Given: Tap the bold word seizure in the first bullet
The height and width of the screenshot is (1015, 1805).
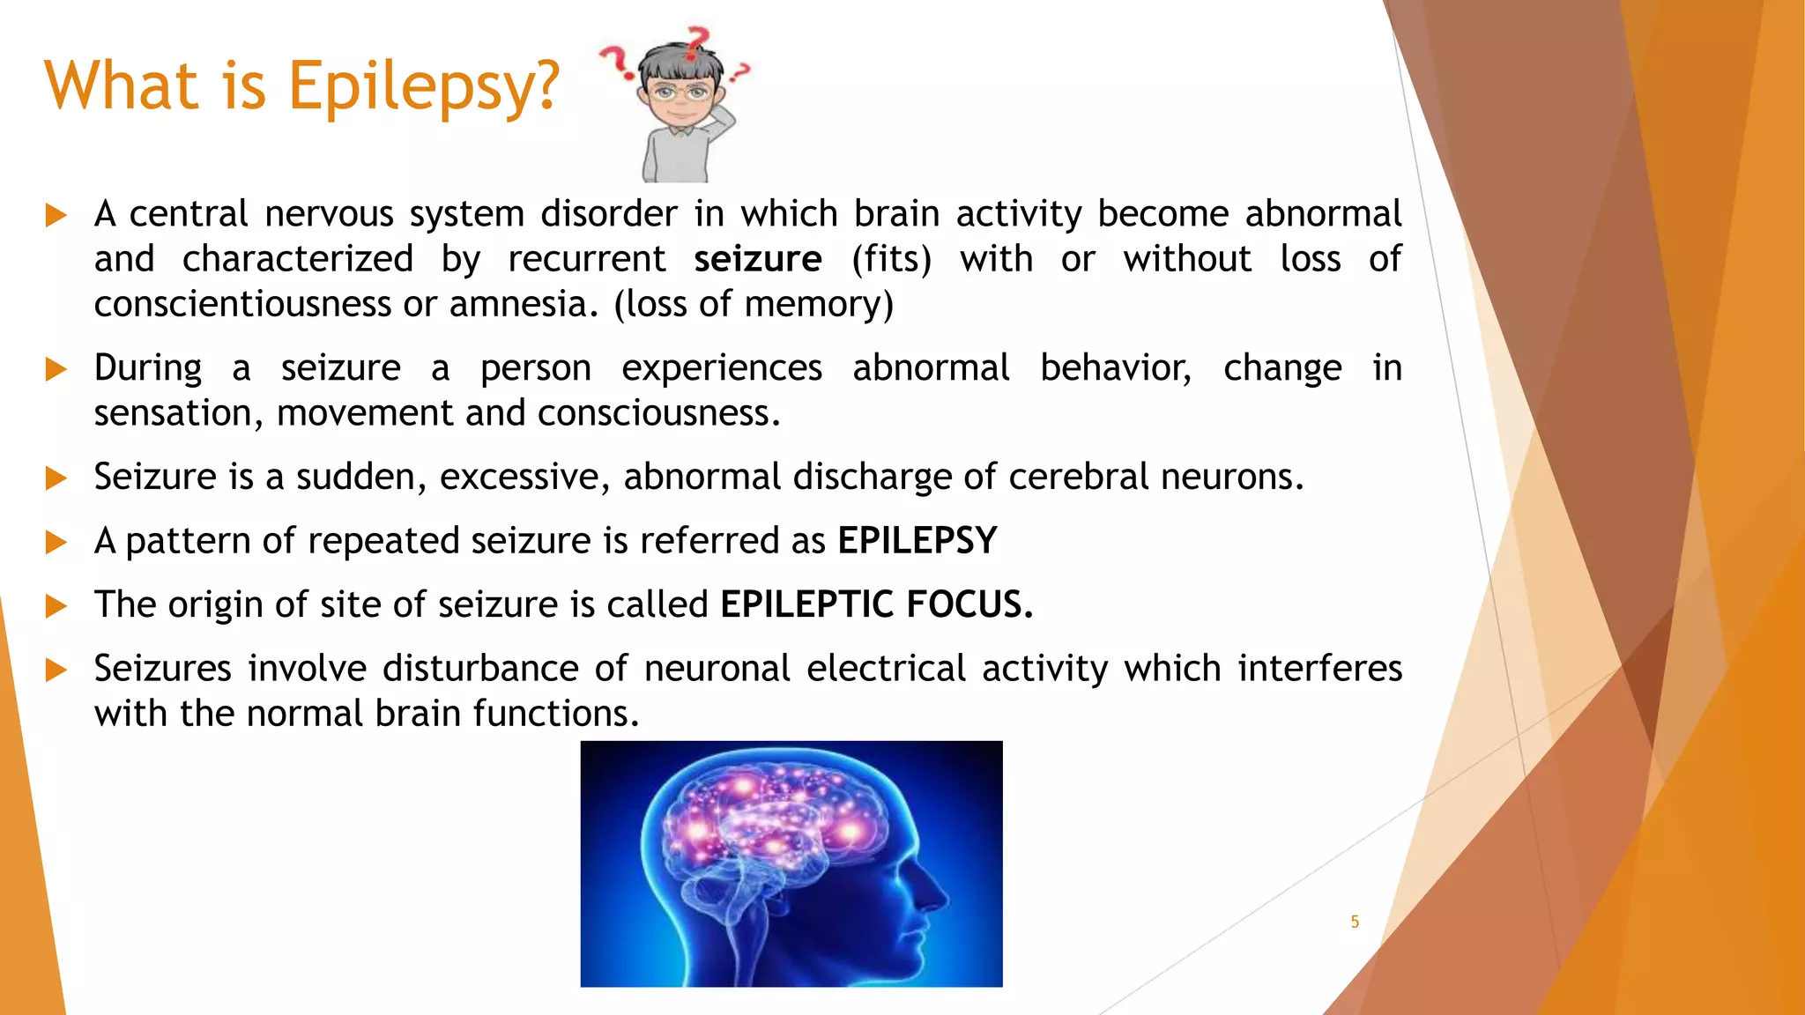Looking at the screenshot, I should click(757, 259).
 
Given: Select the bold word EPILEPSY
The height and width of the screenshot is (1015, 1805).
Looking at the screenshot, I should click(917, 540).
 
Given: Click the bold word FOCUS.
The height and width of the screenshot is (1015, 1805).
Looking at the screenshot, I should click(969, 604).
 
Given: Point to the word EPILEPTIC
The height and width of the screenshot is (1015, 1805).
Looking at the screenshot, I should click(806, 604).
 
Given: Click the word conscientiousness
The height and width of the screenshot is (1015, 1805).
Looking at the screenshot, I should click(242, 304).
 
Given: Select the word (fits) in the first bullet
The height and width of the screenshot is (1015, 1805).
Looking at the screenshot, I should click(891, 259).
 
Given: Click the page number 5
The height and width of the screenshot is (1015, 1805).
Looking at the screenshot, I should click(1355, 922).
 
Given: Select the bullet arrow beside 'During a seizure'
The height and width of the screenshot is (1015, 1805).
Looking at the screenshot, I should click(56, 368).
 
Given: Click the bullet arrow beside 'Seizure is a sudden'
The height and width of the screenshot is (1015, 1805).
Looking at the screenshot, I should click(56, 478).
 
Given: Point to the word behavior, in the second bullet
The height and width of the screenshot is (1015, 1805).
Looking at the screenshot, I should click(1115, 367).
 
